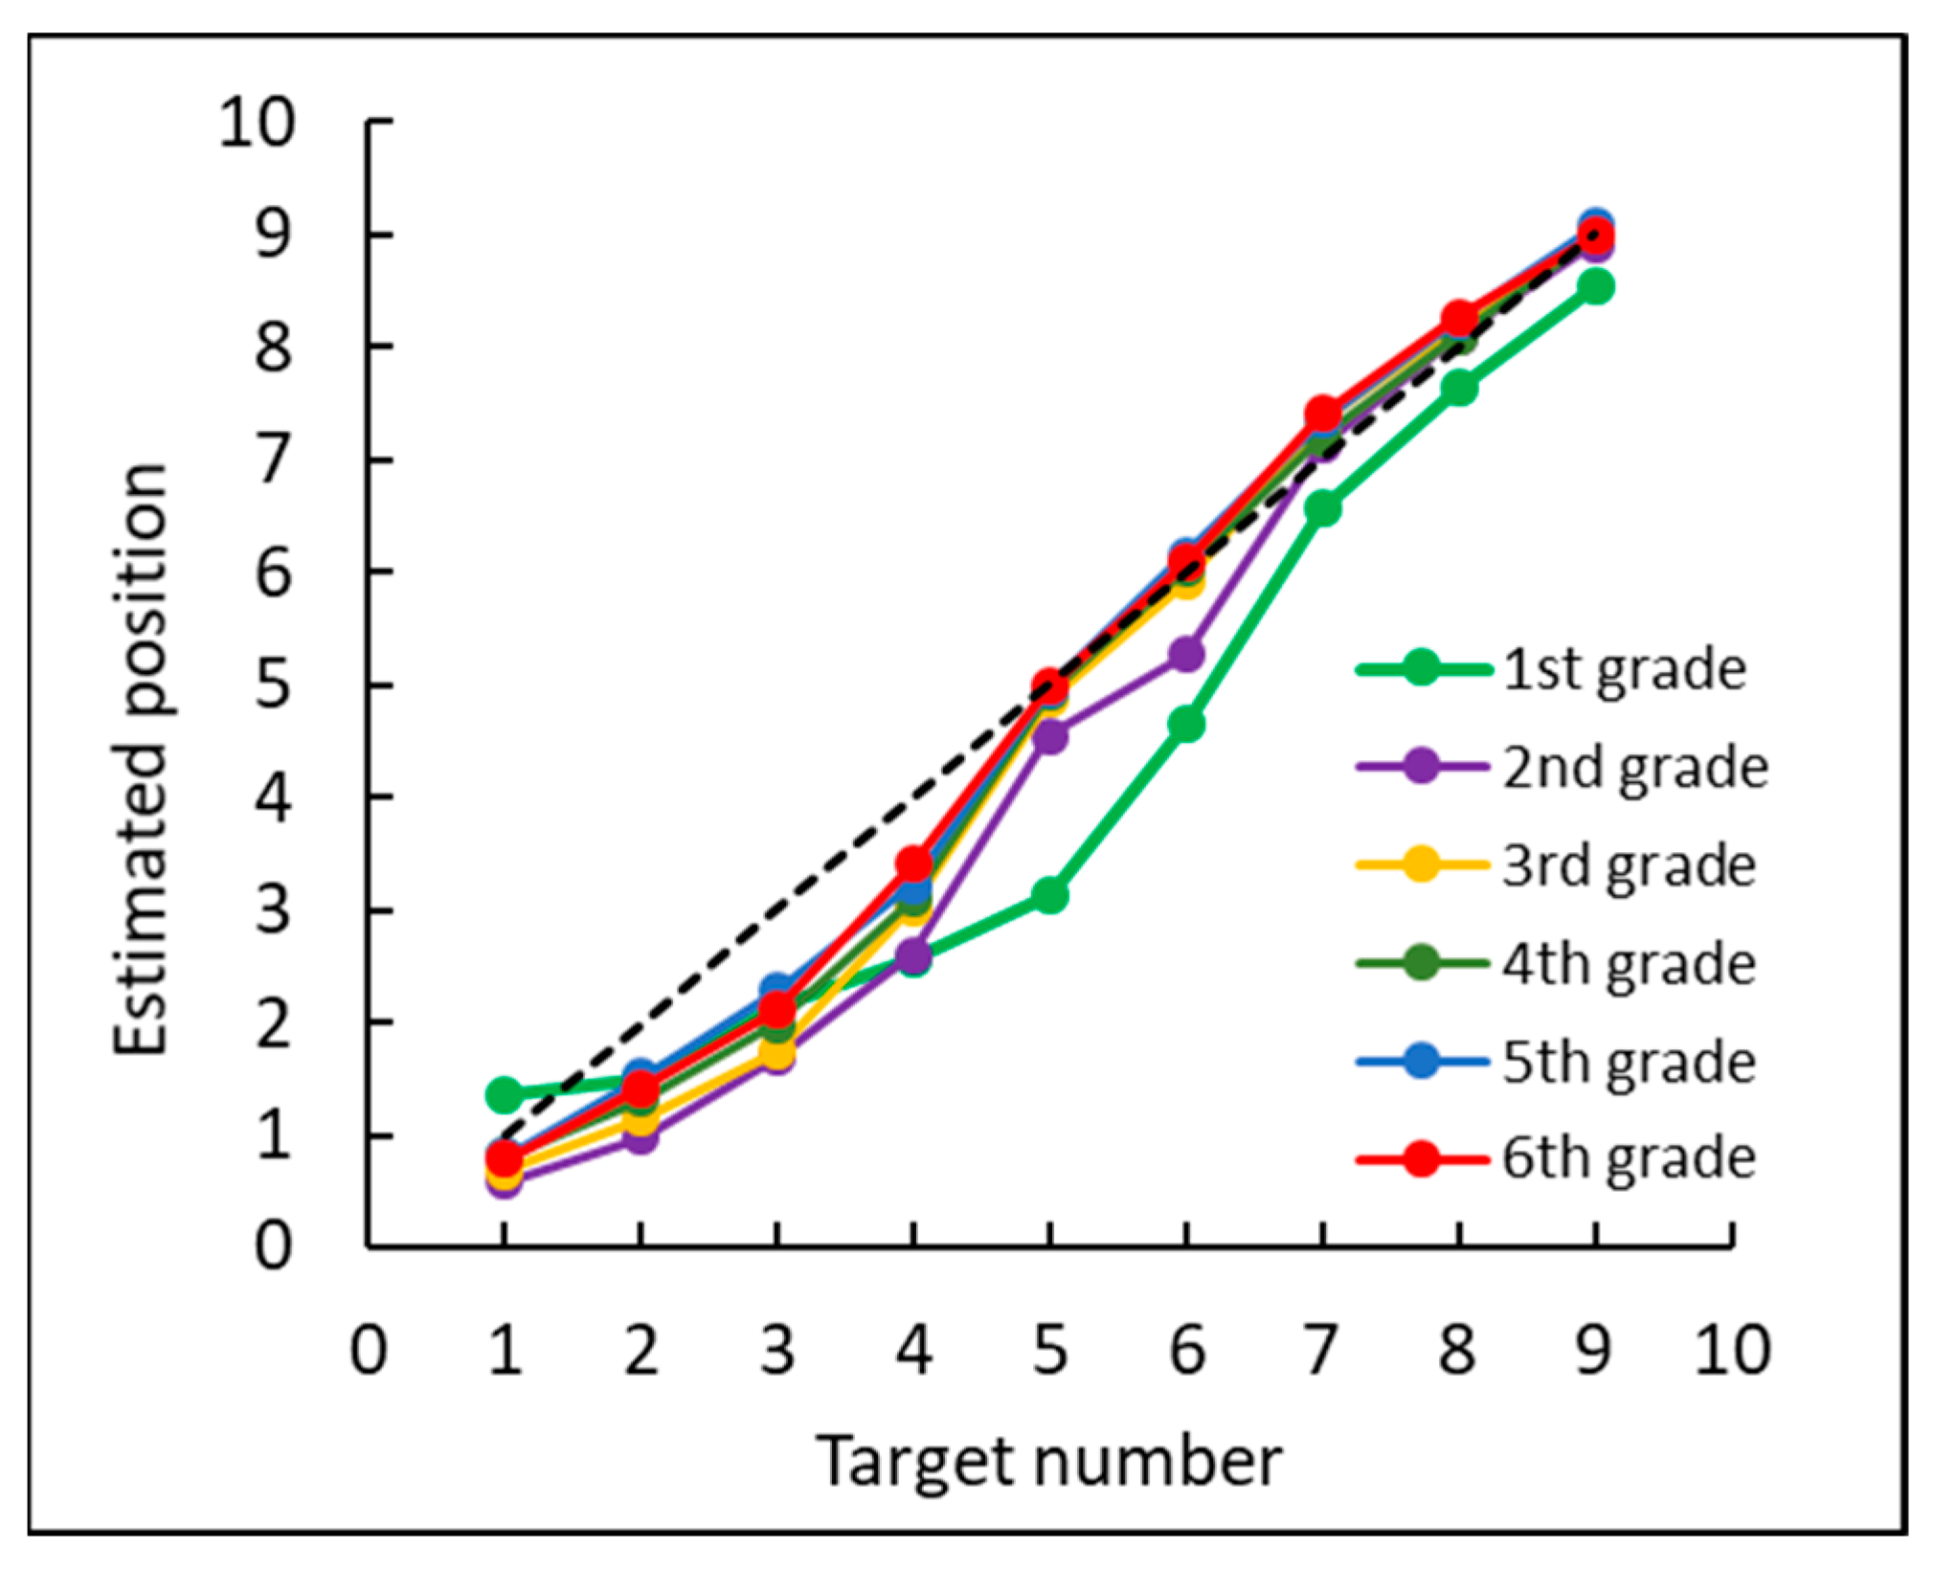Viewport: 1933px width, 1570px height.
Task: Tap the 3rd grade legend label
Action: [1628, 865]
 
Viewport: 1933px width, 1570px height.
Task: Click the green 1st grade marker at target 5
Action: [1050, 895]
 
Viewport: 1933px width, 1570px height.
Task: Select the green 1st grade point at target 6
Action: [1186, 724]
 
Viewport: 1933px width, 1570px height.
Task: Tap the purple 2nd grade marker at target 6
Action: [1186, 655]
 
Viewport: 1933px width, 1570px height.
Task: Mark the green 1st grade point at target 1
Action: [505, 1094]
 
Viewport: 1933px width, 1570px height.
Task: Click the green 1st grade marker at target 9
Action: [1595, 285]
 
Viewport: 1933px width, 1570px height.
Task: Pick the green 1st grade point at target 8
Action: [1459, 389]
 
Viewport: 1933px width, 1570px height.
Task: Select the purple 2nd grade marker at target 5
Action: [1050, 736]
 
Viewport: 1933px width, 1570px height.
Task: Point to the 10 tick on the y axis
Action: [257, 123]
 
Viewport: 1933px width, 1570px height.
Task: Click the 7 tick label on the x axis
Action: [1322, 1351]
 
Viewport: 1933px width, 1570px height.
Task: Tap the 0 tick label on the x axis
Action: [369, 1351]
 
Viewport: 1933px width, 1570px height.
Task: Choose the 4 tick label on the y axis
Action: [272, 796]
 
